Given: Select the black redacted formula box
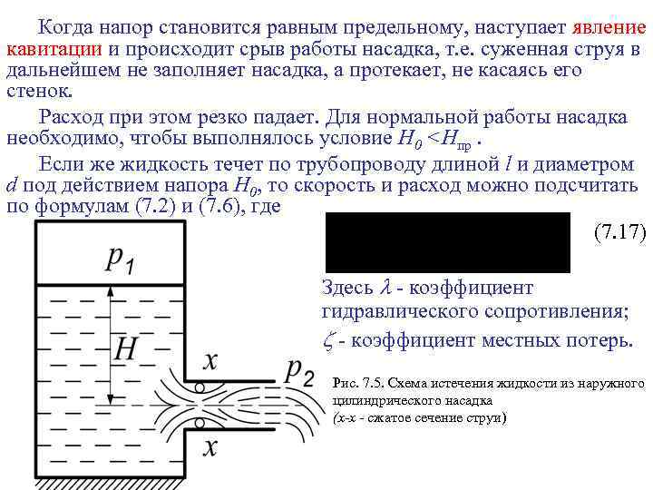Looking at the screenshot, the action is point(446,242).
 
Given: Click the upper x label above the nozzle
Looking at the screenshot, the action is point(210,362).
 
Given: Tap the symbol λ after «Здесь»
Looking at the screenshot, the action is point(385,288).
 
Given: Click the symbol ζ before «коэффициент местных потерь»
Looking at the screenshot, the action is point(328,340).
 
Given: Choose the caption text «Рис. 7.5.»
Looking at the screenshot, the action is point(356,384).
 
